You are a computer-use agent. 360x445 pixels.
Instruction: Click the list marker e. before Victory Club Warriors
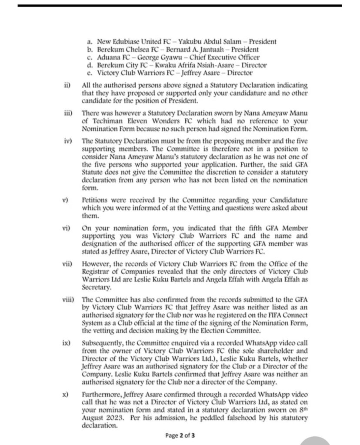pos(90,73)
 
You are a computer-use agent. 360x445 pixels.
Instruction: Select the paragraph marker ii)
pos(67,84)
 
